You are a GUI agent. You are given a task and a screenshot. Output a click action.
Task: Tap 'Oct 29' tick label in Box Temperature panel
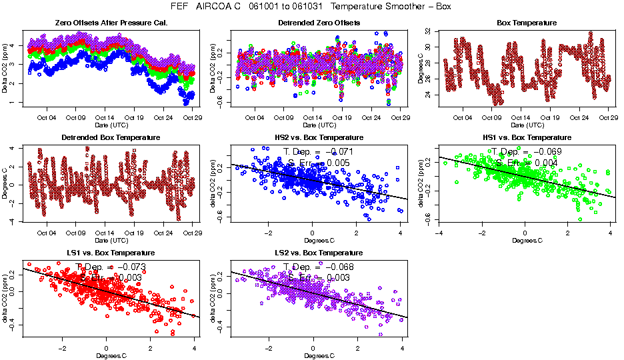607,117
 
